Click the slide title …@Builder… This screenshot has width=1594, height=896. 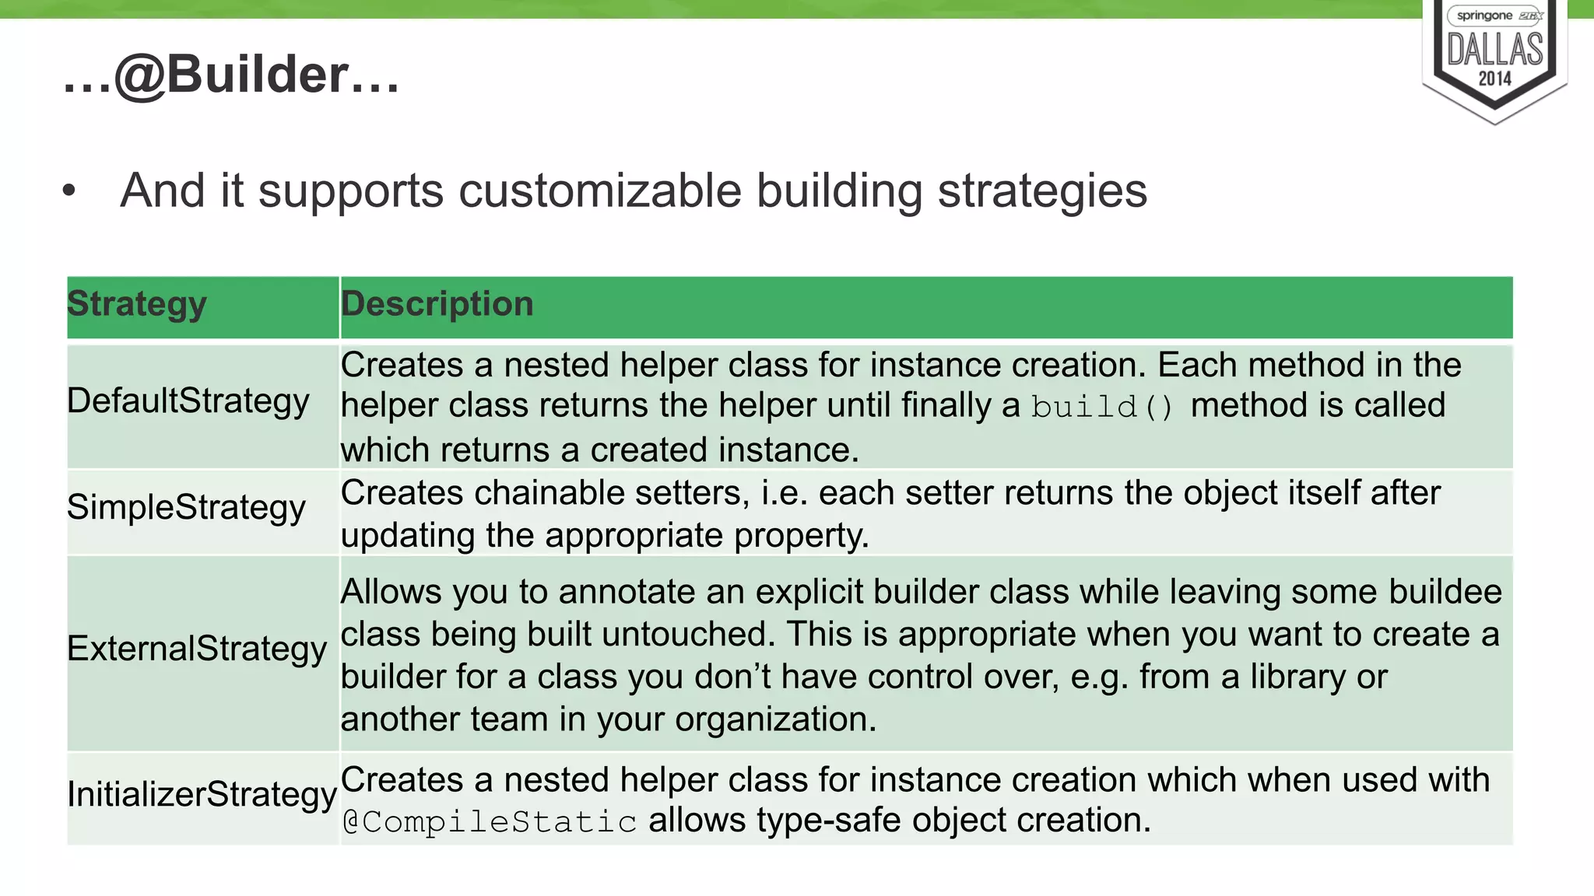coord(231,75)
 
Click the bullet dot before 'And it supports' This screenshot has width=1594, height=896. coord(69,191)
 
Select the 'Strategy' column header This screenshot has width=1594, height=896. coord(137,304)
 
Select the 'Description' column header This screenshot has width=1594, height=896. coord(437,304)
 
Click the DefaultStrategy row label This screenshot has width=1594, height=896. coord(188,401)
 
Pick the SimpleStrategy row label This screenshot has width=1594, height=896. coord(186,507)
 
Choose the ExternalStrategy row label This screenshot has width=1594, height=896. coord(196,649)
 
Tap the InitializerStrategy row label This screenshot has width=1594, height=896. coord(202,794)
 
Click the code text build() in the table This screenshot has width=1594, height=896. coord(1101,407)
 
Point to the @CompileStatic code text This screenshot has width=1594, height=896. coord(490,822)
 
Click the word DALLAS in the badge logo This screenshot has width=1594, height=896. coord(1494,49)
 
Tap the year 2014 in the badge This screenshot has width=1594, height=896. coord(1494,79)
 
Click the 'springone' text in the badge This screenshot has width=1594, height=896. coord(1483,16)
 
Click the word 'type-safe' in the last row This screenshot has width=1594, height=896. coord(827,821)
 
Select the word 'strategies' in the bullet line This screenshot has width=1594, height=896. coord(1042,191)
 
